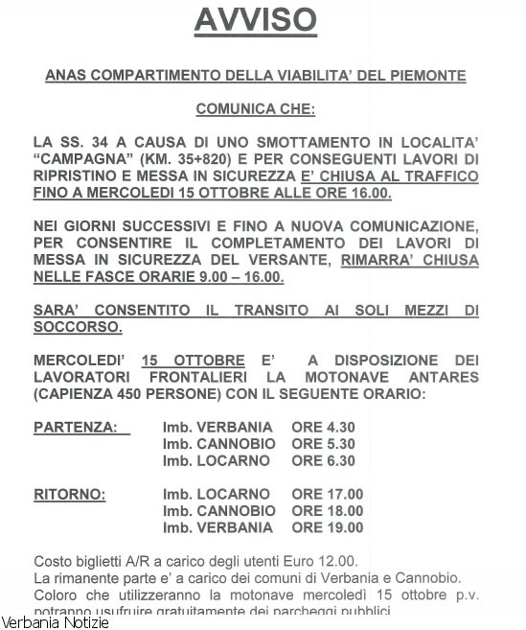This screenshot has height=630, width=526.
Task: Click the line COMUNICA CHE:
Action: click(263, 110)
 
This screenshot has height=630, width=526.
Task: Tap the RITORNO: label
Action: click(70, 495)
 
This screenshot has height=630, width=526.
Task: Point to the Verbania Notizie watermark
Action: click(55, 622)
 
